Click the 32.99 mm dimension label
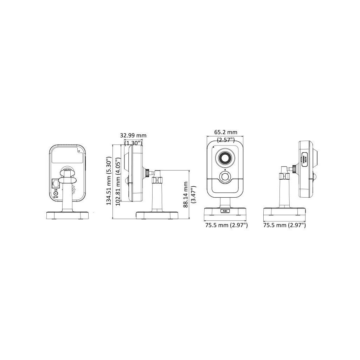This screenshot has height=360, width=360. point(133,135)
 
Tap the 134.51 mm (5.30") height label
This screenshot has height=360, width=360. point(109,182)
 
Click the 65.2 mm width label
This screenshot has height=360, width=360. point(226,133)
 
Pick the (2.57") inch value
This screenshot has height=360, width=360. point(226,140)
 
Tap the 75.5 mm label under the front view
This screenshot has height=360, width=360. point(226,225)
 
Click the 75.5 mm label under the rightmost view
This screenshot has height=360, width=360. point(284,225)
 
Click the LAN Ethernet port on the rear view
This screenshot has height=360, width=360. point(56,183)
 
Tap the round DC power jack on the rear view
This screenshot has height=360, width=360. point(56,193)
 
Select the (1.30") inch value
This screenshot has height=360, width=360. point(133,142)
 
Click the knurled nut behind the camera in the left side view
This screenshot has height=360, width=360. point(148,173)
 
